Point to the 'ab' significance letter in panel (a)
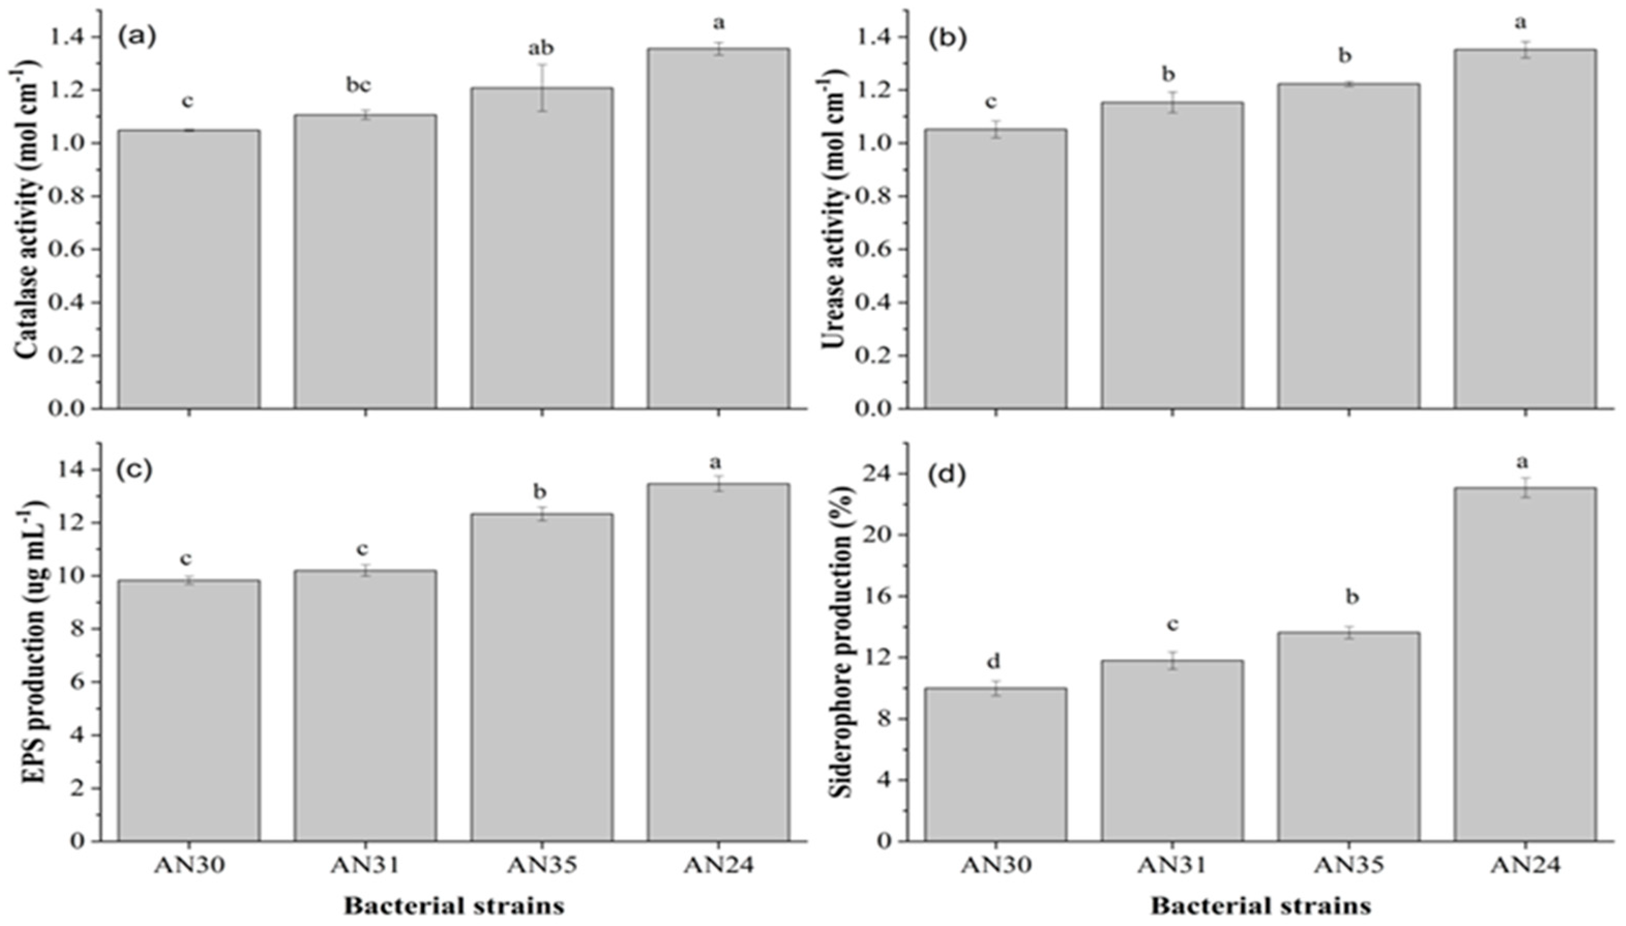[x=541, y=48]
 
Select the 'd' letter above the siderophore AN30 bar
[x=993, y=662]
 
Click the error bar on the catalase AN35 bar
[x=542, y=88]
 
